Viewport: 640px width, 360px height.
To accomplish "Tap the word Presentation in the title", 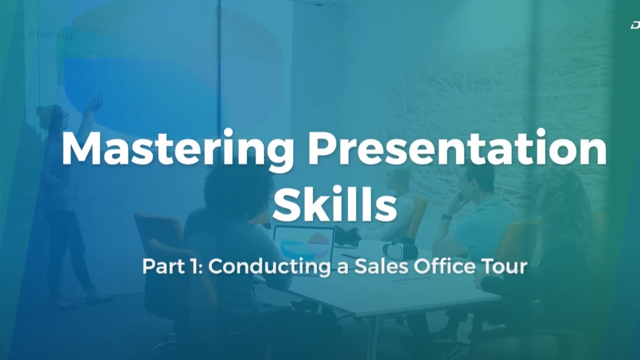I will [x=457, y=149].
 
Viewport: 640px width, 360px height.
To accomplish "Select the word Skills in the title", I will [x=334, y=205].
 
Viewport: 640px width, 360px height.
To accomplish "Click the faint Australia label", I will [x=50, y=34].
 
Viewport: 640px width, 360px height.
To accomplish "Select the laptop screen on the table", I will [x=304, y=242].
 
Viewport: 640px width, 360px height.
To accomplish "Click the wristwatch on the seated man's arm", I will [x=446, y=216].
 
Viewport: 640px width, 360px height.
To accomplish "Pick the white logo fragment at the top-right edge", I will [x=635, y=25].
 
